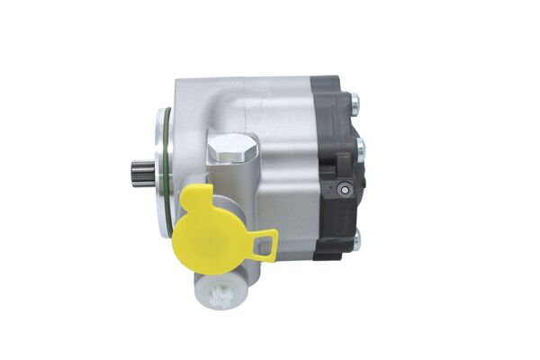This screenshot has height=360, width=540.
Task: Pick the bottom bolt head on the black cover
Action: (356, 239)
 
